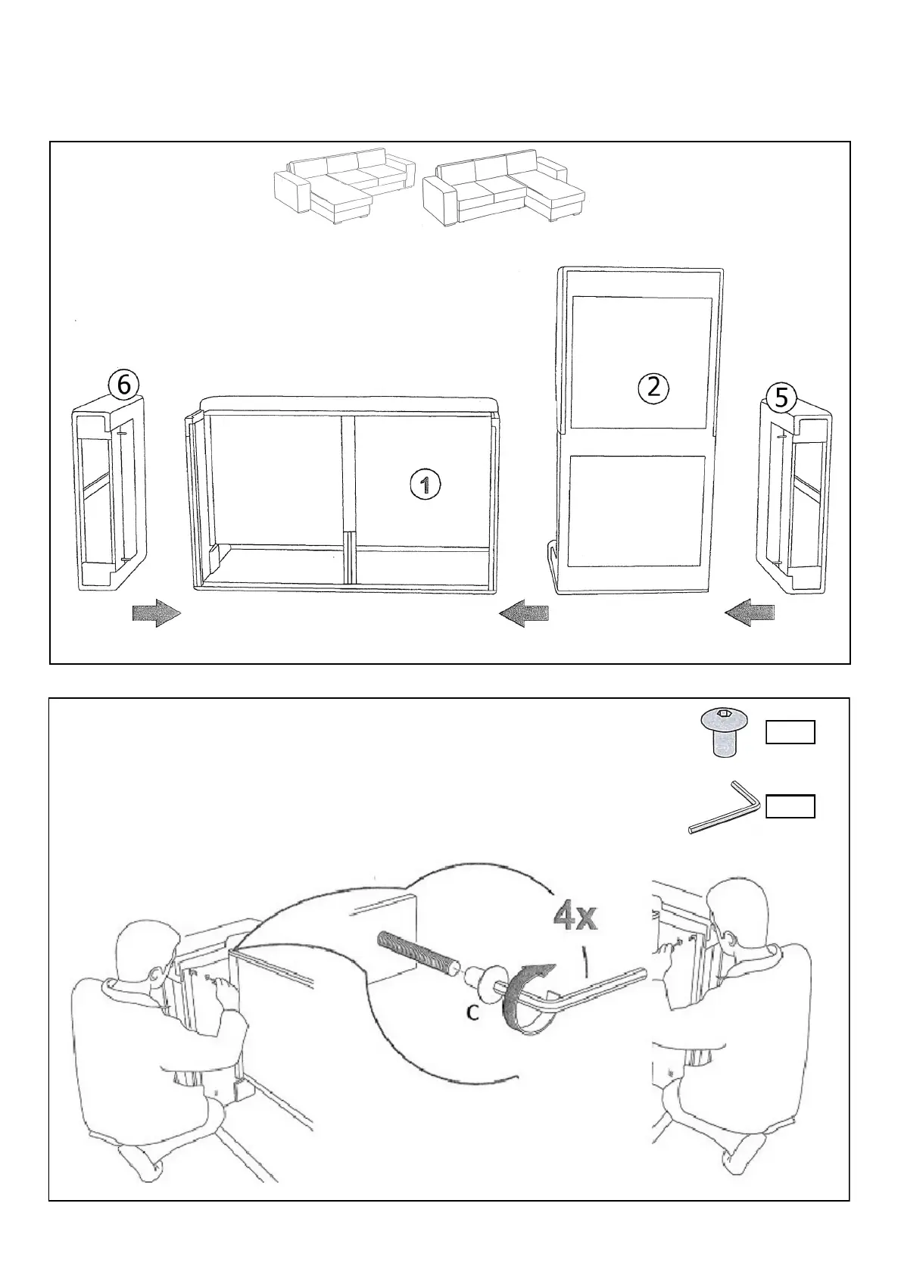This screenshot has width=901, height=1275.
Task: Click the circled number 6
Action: tap(123, 385)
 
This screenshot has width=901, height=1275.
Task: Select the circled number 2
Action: tap(653, 388)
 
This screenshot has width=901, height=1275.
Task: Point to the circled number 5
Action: tap(781, 397)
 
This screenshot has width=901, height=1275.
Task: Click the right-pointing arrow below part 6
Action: tap(157, 613)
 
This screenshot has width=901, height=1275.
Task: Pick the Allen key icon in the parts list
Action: tap(724, 809)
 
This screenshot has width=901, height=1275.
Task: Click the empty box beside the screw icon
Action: tap(790, 733)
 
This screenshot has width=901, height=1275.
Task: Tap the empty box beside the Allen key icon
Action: tap(790, 807)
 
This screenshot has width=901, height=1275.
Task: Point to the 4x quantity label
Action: tap(575, 918)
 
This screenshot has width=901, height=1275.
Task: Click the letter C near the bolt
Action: tap(472, 1012)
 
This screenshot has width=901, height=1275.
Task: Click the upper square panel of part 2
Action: tap(641, 363)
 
